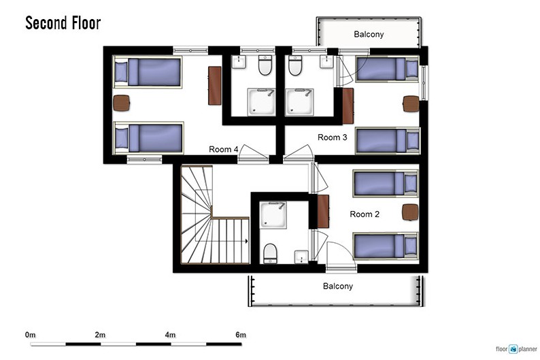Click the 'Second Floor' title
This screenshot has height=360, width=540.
63,23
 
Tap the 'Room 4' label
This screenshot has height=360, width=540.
224,149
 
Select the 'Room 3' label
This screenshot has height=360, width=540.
333,137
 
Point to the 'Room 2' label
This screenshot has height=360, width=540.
365,214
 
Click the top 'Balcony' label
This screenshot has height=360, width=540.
369,34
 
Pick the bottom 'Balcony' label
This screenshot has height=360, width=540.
338,286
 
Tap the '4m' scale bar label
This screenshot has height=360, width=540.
170,335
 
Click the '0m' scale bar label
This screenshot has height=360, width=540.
31,335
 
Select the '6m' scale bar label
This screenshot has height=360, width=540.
241,335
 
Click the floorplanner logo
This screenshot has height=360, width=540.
516,349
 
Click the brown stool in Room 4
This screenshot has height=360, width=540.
121,103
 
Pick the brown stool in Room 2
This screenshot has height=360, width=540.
410,212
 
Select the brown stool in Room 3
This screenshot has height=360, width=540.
411,103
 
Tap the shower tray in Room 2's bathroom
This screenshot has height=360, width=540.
273,215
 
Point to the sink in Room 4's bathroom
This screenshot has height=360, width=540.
238,62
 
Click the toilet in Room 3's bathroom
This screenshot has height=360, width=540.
295,65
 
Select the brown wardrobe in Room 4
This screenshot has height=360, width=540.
214,86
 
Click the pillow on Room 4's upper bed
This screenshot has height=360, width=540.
121,71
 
